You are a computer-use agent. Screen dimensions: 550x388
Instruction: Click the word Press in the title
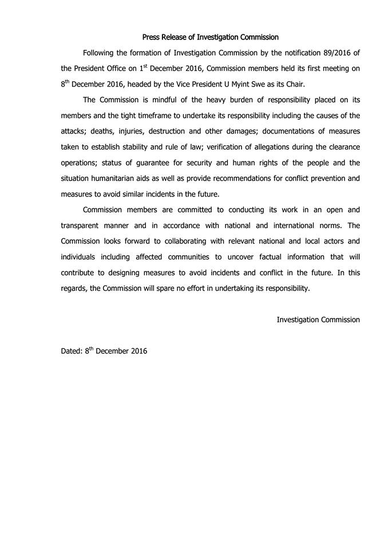151,37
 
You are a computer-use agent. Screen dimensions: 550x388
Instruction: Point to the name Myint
256,84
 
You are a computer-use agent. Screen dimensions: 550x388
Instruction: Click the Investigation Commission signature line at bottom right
318,319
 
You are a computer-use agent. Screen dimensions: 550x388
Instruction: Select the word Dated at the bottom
72,351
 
